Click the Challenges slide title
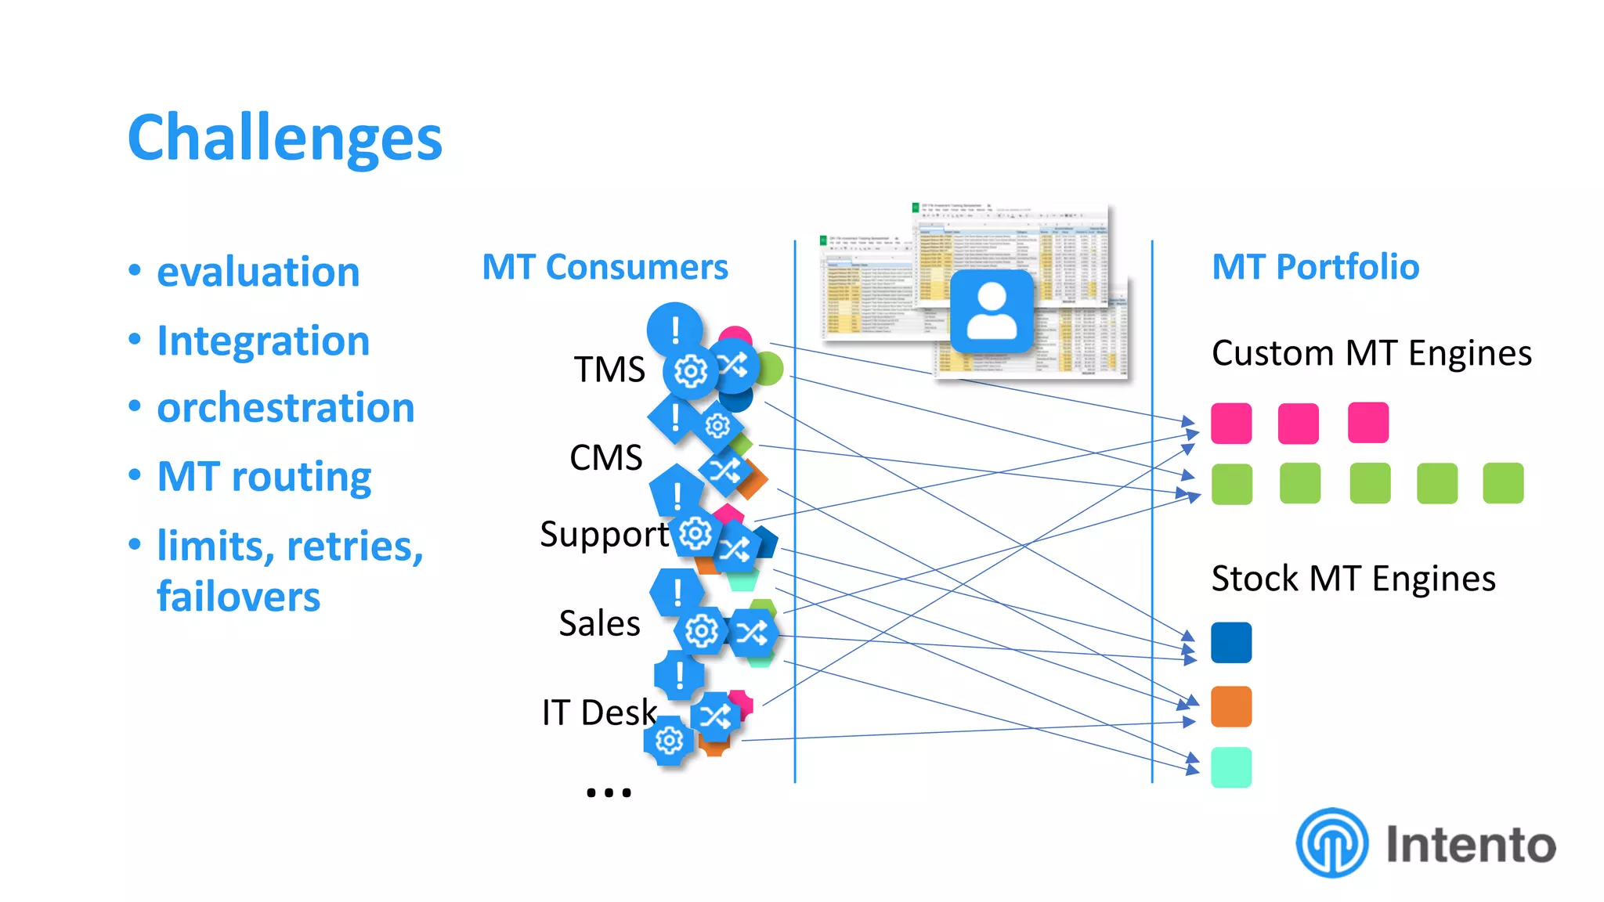click(284, 138)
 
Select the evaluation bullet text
click(258, 272)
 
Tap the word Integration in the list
click(263, 341)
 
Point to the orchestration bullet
click(285, 408)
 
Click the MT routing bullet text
click(264, 476)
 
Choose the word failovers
click(238, 597)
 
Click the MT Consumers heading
click(605, 267)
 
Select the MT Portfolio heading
click(1315, 267)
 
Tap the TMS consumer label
click(609, 370)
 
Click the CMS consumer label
click(605, 457)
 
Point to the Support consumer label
click(604, 534)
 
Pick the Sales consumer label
click(599, 623)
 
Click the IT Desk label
click(598, 713)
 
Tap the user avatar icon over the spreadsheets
click(992, 311)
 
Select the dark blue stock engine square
click(1230, 643)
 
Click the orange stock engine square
click(1230, 707)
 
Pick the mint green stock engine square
click(1230, 767)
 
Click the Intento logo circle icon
click(1331, 842)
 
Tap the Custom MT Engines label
click(1371, 353)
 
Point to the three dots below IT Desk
click(609, 792)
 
